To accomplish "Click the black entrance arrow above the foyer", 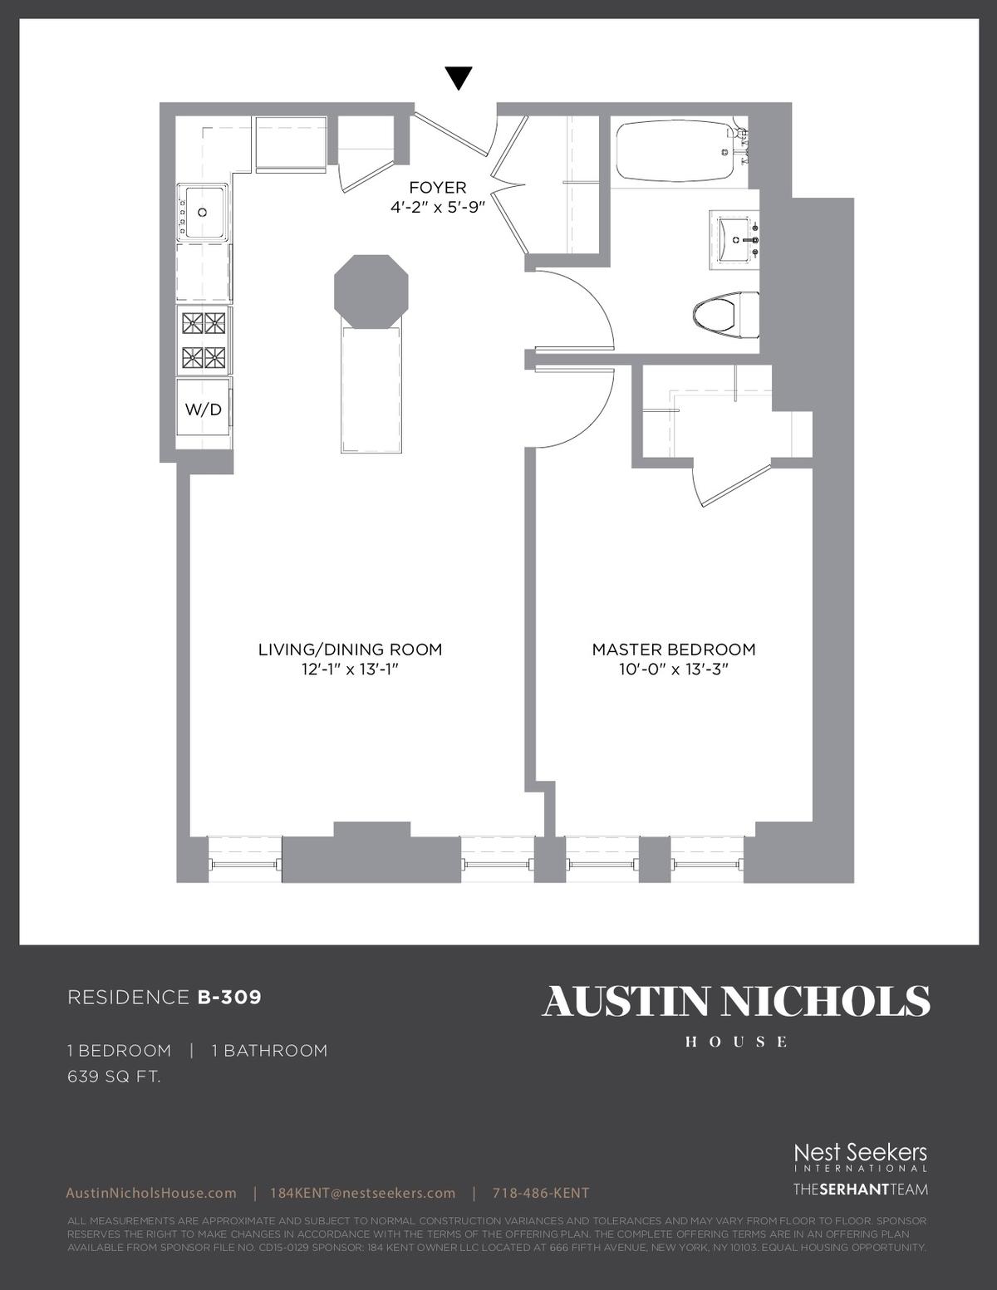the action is (459, 78).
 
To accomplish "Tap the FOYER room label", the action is (438, 188).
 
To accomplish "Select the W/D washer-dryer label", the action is (203, 409).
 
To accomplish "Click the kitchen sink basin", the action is (203, 211).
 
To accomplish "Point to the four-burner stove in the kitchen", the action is (204, 341).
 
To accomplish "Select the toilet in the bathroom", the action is (725, 315).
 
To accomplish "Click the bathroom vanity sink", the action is (735, 240).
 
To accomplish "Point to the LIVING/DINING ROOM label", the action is (350, 650).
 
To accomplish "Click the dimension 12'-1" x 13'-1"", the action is (350, 670).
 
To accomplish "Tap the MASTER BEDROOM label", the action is (673, 650).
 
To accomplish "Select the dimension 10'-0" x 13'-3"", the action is (673, 670).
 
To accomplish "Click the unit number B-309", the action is (229, 998).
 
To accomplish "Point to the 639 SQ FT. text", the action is (114, 1077).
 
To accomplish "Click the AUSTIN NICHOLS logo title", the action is (736, 1002).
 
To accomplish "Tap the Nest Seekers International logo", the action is (861, 1158).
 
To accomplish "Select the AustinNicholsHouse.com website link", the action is (151, 1194).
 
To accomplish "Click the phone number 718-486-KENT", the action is (541, 1194).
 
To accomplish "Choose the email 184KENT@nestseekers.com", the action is (363, 1194).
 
